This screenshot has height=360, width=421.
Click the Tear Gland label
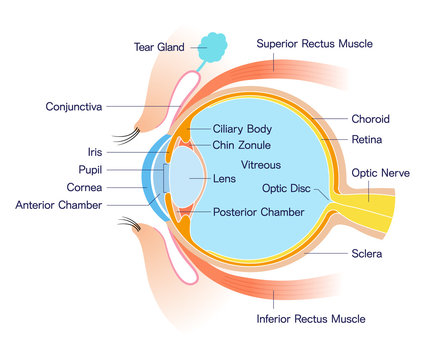tap(159, 46)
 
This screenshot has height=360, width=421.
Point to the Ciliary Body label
tap(243, 129)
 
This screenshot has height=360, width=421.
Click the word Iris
tap(94, 153)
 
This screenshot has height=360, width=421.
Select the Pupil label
tap(90, 170)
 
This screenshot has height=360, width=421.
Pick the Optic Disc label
tap(288, 187)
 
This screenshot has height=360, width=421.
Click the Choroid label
tap(372, 119)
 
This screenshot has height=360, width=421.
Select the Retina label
tap(368, 139)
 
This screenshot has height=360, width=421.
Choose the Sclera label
tap(368, 254)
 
